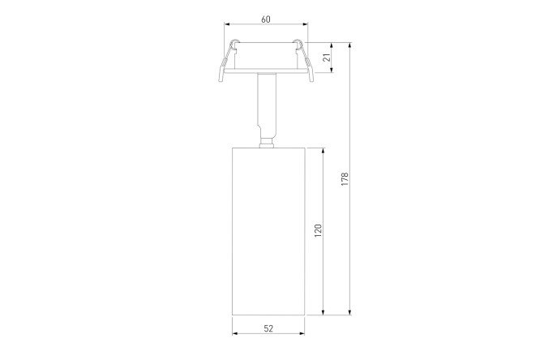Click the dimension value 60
coord(265,19)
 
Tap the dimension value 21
coord(328,57)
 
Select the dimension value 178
coord(345,179)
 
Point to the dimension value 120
coord(318,230)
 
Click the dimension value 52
coord(268,328)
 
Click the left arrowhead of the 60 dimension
coord(227,24)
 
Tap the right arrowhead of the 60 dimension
coord(305,24)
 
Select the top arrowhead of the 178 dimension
coord(350,45)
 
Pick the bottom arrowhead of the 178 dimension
coord(350,312)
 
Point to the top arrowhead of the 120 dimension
coord(323,151)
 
